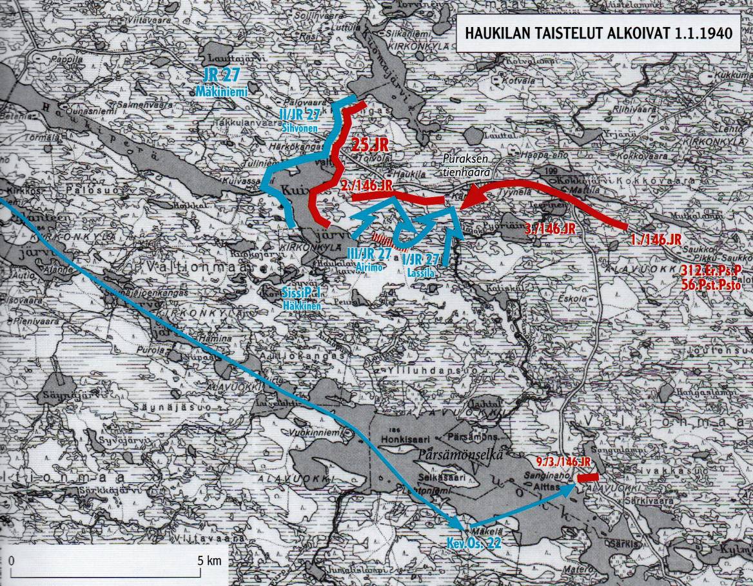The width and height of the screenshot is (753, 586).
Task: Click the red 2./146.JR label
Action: (367, 185)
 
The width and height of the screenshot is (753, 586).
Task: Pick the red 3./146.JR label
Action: (550, 229)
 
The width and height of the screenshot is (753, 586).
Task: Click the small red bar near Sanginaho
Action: (587, 478)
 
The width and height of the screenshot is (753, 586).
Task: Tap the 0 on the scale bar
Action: (12, 560)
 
